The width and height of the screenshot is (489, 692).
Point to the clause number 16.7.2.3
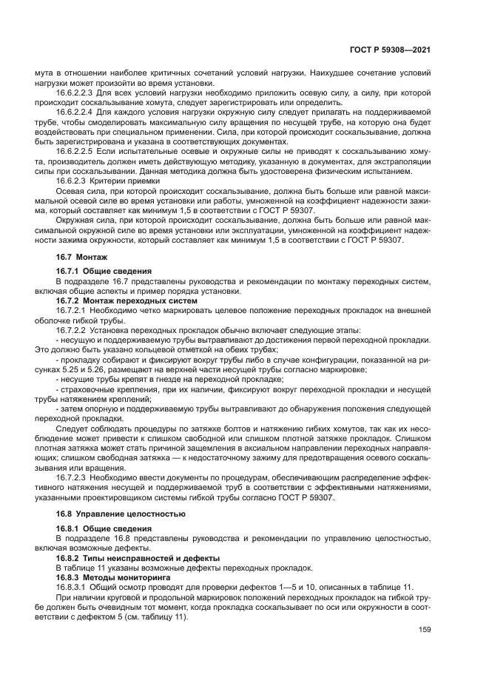coord(72,477)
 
